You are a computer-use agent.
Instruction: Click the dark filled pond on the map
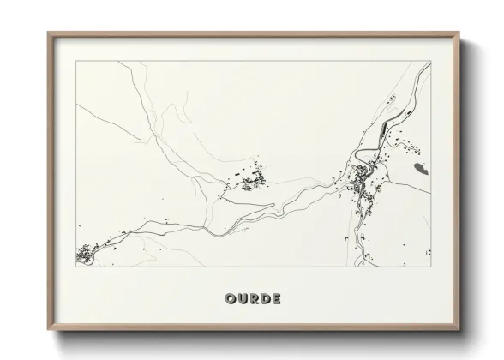[418, 167]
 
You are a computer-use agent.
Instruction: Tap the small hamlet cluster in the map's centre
[249, 182]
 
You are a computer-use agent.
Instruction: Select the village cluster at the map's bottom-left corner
[86, 255]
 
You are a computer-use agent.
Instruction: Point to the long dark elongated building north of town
[378, 134]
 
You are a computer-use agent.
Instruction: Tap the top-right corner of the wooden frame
[459, 33]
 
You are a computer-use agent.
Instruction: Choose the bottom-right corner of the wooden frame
[459, 327]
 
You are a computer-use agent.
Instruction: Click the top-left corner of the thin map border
[76, 61]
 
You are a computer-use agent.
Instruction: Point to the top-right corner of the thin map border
[429, 61]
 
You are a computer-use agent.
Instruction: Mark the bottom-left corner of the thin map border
[76, 267]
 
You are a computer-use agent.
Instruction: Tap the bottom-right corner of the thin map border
[429, 267]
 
